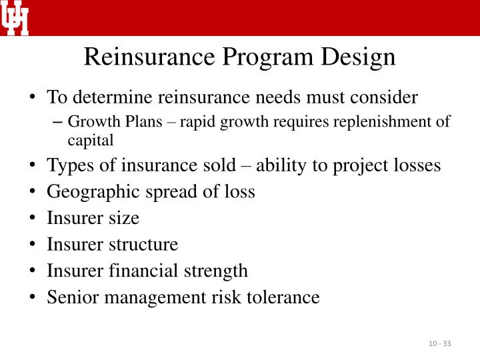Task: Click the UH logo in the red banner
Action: pyautogui.click(x=15, y=17)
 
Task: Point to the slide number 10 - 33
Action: pyautogui.click(x=440, y=343)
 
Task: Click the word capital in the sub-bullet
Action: pyautogui.click(x=91, y=139)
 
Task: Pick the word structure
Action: pyautogui.click(x=141, y=244)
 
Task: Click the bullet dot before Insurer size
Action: pyautogui.click(x=33, y=218)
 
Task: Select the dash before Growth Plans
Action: pyautogui.click(x=56, y=122)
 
